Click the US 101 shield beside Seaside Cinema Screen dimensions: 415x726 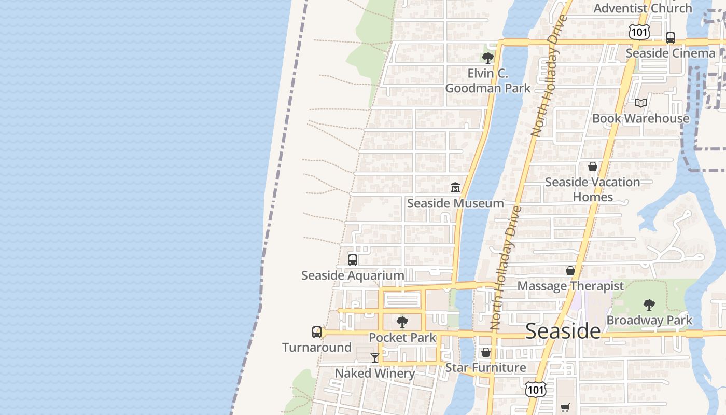(639, 32)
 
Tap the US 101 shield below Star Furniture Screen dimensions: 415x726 (535, 390)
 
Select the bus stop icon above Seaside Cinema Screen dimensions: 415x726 (671, 37)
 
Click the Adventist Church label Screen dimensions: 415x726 (643, 8)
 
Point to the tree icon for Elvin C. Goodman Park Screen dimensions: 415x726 (487, 58)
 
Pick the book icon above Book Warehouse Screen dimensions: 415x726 (641, 103)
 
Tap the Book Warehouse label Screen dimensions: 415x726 (641, 118)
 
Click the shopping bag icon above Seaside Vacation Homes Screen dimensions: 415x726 (593, 167)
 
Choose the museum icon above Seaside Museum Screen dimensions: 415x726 (455, 187)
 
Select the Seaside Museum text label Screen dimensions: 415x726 (455, 203)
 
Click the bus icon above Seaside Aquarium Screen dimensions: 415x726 (353, 259)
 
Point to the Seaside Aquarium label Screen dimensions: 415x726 (353, 275)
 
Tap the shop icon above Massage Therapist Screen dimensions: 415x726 (570, 271)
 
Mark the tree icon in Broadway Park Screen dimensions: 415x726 (649, 305)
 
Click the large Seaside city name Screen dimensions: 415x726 (563, 330)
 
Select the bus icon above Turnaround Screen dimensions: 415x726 (317, 332)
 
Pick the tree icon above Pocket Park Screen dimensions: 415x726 (402, 322)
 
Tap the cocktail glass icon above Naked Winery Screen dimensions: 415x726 (375, 357)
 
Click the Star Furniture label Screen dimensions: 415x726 (486, 368)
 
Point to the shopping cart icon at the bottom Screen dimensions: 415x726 (565, 408)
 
